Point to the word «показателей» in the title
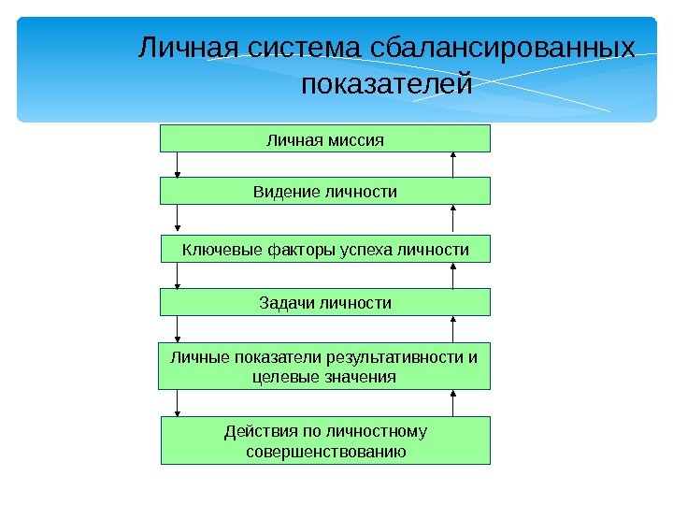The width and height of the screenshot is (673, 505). [386, 87]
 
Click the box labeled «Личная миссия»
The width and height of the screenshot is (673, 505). [325, 139]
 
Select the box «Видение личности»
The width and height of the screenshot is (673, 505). [325, 192]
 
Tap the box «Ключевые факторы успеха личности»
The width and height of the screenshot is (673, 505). [325, 250]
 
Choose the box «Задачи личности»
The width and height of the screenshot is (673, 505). [325, 303]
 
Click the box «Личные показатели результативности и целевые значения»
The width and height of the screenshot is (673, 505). [325, 367]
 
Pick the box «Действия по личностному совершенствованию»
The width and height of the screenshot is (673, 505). [325, 441]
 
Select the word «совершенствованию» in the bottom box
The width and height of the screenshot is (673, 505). [325, 452]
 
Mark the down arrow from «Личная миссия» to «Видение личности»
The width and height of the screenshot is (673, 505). [178, 165]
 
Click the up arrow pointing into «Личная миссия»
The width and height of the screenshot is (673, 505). [453, 165]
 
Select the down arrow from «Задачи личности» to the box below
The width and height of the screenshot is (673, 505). [178, 330]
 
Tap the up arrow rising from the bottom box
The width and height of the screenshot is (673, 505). [453, 403]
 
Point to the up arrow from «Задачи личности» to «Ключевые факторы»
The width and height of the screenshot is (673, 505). [453, 276]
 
